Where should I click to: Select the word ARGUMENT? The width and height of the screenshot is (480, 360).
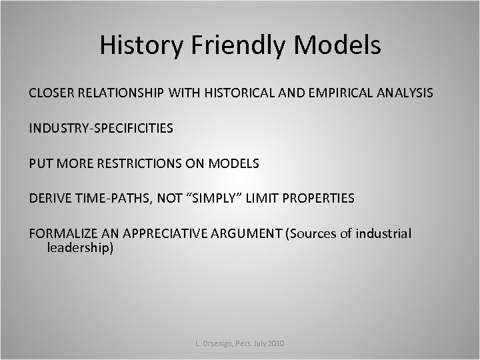[x=246, y=233]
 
